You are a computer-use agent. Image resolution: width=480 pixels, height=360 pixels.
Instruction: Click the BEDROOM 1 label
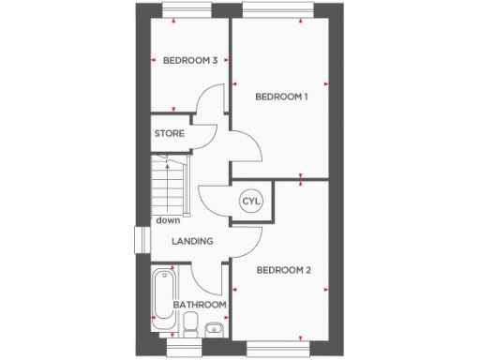pos(282,97)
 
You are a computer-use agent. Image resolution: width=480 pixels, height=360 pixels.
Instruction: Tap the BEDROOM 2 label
pos(283,271)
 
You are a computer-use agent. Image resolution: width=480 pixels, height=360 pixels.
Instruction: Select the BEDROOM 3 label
pos(190,61)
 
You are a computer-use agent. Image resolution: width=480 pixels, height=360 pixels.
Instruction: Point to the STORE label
pos(169,133)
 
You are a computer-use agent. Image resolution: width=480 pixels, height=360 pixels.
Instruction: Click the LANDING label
pos(191,241)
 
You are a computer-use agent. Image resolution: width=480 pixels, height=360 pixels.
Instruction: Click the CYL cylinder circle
pos(250,202)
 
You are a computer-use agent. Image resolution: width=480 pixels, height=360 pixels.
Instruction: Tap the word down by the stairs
pos(168,220)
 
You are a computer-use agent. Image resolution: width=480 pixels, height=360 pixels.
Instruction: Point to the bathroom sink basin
pos(214,327)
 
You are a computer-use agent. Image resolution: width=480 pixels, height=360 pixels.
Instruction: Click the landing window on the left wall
pos(141,238)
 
